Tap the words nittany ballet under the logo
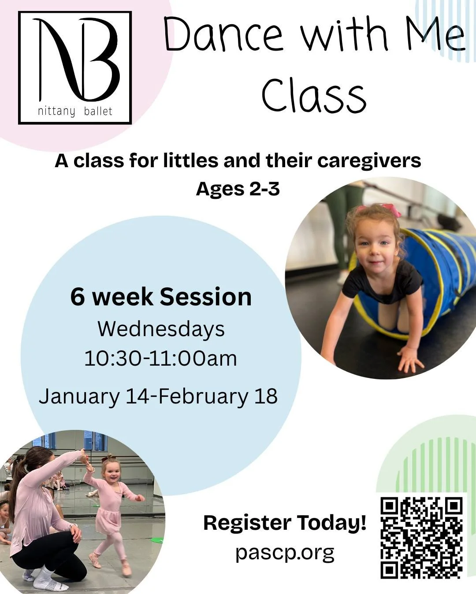[x=75, y=111]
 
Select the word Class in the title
[x=314, y=95]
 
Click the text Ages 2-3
[x=238, y=189]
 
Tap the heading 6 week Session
[x=161, y=297]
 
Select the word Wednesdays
[x=161, y=329]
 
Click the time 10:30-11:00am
[x=161, y=358]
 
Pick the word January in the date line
[x=79, y=396]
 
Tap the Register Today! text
[x=285, y=523]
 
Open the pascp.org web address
[x=285, y=552]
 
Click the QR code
[x=422, y=537]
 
